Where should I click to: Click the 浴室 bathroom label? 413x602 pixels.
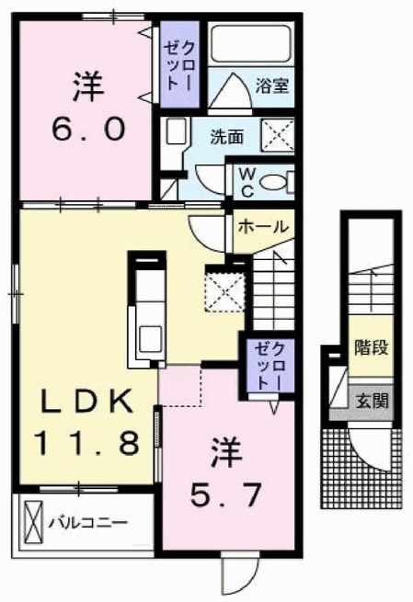[x=272, y=86]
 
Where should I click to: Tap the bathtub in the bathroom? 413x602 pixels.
[x=251, y=43]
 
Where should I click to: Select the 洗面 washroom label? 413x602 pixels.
[x=226, y=137]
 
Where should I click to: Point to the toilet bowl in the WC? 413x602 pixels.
[x=273, y=182]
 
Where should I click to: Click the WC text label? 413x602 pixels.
[x=247, y=183]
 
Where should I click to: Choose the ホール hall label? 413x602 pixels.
[x=263, y=226]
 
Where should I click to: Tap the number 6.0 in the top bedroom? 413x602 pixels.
[x=88, y=129]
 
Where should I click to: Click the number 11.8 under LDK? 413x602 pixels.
[x=86, y=443]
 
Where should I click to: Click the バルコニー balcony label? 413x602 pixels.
[x=87, y=523]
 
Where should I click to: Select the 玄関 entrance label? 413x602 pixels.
[x=372, y=402]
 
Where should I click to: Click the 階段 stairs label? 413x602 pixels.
[x=371, y=347]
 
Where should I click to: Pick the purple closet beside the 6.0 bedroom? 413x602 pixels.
[x=179, y=64]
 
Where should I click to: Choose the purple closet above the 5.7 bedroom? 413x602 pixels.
[x=270, y=366]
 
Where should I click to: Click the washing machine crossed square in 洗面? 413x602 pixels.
[x=278, y=135]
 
